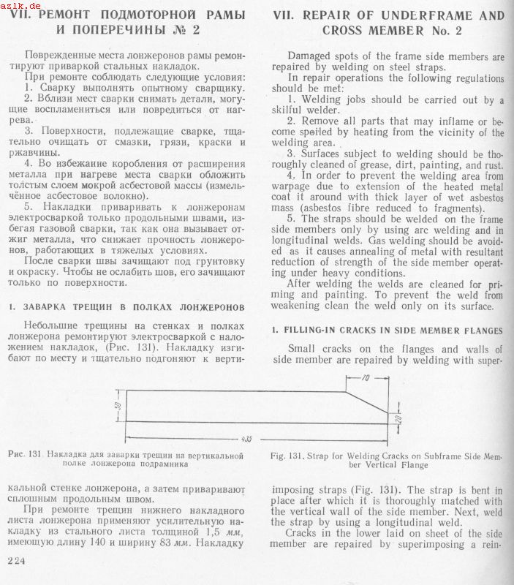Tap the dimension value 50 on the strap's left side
118,406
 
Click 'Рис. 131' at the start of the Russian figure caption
29,455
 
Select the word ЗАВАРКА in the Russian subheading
50,308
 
